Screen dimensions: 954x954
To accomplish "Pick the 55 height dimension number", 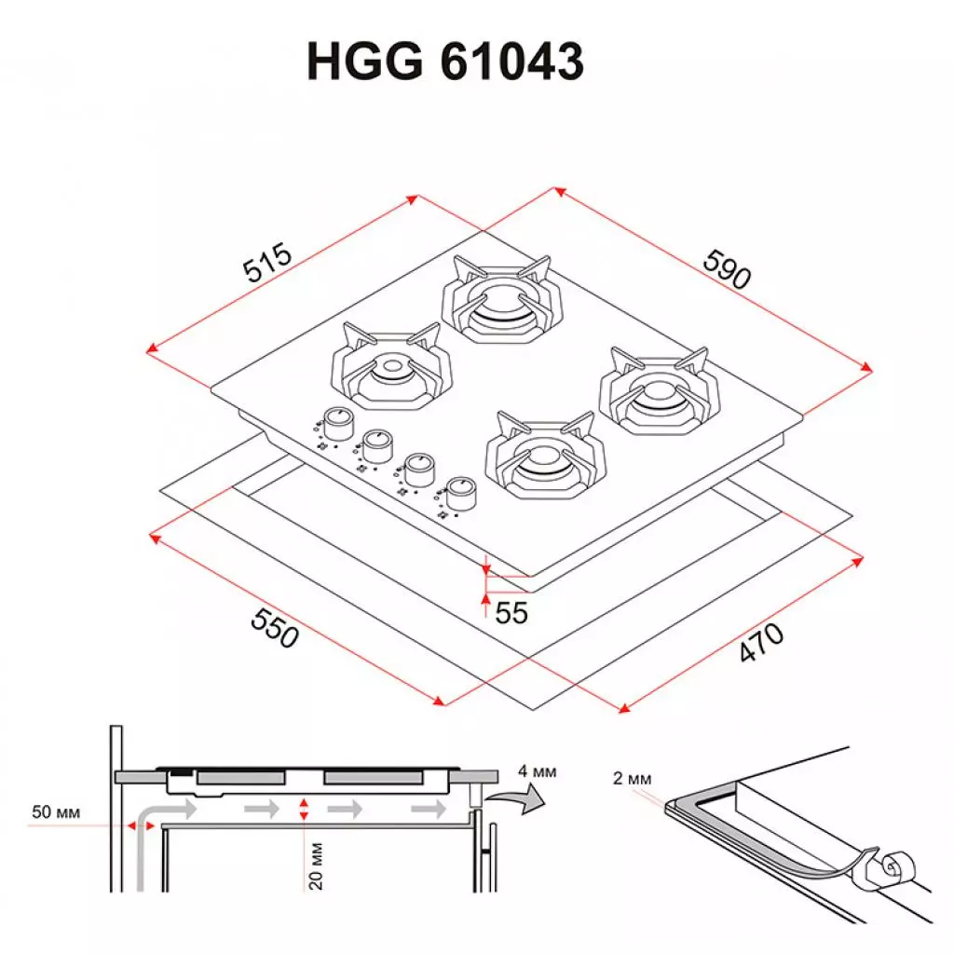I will (x=511, y=612).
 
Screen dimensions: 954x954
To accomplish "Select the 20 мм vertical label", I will (x=316, y=865).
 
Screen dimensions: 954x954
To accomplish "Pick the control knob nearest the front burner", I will (x=460, y=491).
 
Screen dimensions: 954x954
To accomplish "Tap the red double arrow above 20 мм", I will (x=303, y=810).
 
